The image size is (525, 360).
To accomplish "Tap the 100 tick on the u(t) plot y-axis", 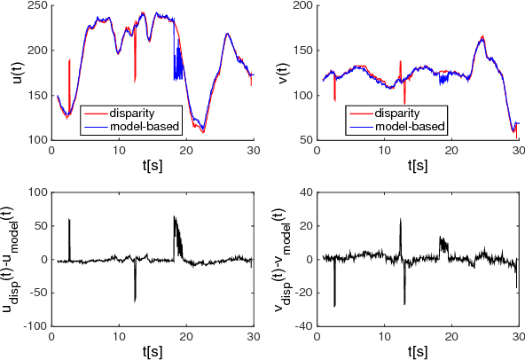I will [x=35, y=140].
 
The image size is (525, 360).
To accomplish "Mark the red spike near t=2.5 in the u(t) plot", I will [x=69, y=62].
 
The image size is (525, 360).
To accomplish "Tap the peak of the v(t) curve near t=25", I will [x=482, y=36].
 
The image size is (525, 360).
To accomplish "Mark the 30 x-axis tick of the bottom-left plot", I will [x=252, y=337].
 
